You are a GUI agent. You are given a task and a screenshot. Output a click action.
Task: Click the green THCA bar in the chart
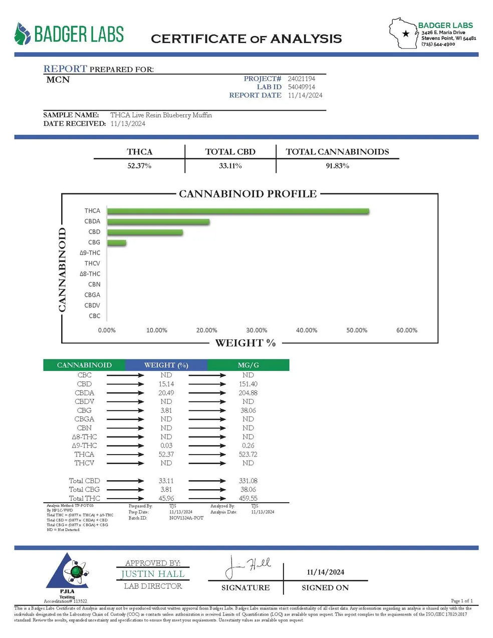238,211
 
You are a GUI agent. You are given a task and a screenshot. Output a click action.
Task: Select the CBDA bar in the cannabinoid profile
158,222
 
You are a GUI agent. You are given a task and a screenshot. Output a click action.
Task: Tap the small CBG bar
117,243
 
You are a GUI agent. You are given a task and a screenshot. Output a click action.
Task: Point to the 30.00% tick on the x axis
257,330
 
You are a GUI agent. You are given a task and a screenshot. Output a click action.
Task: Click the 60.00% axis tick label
406,330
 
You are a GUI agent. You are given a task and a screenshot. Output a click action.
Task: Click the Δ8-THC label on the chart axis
90,274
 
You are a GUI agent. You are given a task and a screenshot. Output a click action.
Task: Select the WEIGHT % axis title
245,343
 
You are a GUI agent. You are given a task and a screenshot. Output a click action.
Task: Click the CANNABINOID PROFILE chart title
248,194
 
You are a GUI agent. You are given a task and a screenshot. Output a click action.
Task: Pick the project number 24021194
301,79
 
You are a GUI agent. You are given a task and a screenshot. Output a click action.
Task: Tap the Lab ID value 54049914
301,87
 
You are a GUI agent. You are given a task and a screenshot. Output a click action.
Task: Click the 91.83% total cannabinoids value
337,166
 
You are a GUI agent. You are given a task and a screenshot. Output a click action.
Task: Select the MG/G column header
248,365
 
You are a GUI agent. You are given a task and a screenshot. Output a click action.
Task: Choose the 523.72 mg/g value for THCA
248,454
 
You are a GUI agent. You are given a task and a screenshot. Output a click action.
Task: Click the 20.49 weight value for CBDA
166,393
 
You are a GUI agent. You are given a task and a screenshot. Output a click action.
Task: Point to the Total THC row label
84,498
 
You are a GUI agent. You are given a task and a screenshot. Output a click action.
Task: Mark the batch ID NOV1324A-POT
186,518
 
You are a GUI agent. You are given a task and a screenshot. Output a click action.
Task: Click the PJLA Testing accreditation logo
68,574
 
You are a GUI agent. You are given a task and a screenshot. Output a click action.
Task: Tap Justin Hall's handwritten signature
248,567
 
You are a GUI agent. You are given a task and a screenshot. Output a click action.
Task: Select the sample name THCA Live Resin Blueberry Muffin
161,115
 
